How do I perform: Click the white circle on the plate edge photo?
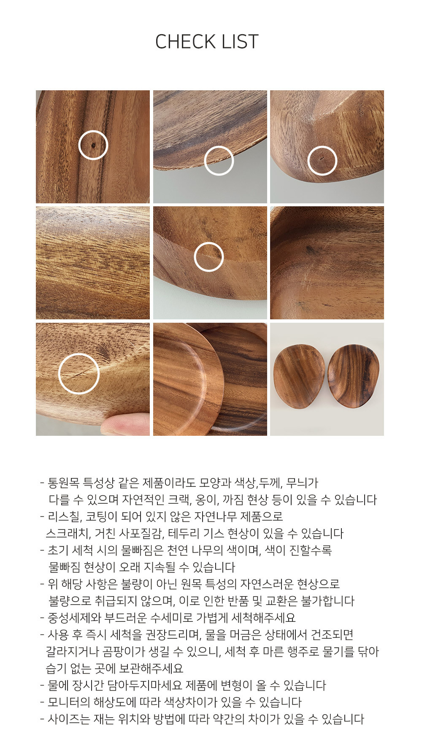pyautogui.click(x=219, y=146)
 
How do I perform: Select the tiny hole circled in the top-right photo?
pyautogui.click(x=322, y=159)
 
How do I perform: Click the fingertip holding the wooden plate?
pyautogui.click(x=126, y=424)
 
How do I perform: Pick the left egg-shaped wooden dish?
pyautogui.click(x=299, y=376)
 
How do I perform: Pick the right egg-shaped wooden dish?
pyautogui.click(x=354, y=376)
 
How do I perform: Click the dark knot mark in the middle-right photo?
pyautogui.click(x=312, y=250)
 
